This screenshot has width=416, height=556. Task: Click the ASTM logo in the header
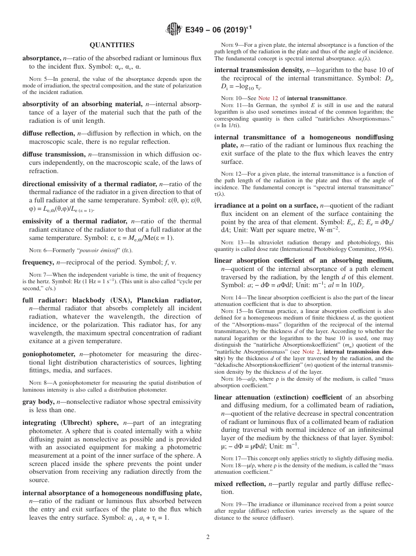(x=174, y=30)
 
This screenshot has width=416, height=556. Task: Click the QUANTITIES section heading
(x=112, y=45)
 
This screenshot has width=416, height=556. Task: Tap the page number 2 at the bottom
(x=208, y=537)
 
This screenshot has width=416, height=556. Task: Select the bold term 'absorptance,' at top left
(x=42, y=58)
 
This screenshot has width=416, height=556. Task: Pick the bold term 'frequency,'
(x=39, y=263)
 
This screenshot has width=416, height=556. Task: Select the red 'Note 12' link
(x=268, y=98)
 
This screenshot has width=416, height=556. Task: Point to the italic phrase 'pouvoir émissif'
(x=101, y=250)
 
